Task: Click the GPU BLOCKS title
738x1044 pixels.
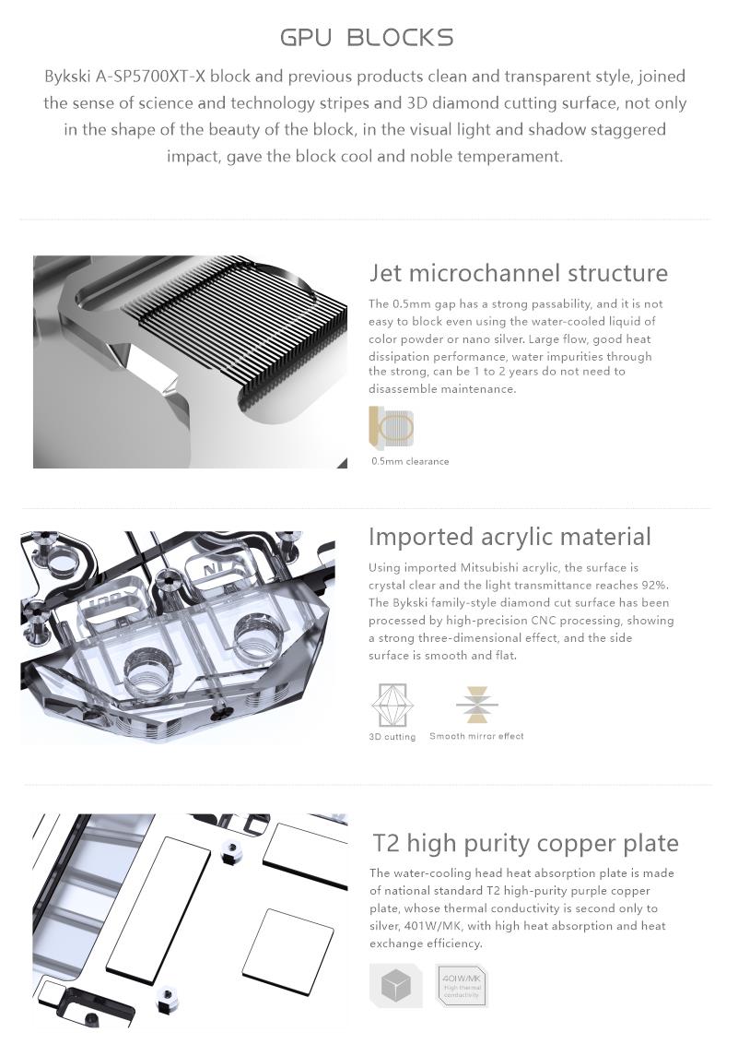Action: [367, 37]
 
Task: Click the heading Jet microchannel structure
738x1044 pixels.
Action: [519, 272]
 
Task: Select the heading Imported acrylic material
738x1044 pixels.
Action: [510, 537]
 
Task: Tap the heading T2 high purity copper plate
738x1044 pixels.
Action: [525, 843]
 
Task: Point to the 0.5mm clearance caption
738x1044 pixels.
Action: [410, 461]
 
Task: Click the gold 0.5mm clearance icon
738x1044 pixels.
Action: [392, 426]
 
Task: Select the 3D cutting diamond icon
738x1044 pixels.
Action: [392, 706]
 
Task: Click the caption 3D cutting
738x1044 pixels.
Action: [392, 736]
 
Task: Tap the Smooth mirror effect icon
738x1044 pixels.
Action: [477, 705]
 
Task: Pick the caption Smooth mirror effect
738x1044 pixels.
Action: [476, 736]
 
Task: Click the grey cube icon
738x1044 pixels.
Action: [396, 985]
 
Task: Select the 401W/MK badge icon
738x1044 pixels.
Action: [462, 985]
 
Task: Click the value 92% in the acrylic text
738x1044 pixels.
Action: [655, 586]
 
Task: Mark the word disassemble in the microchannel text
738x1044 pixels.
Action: [402, 389]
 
